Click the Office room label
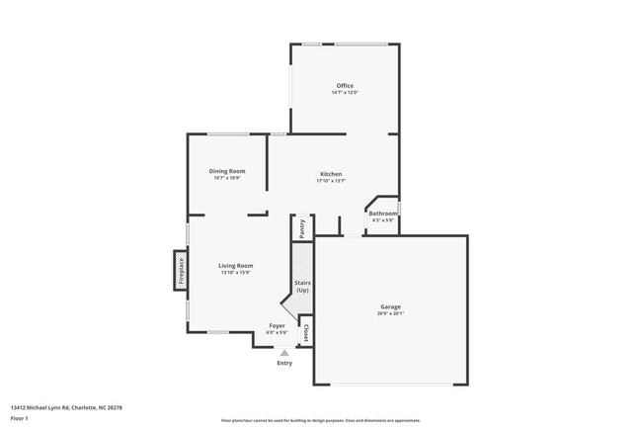[344, 86]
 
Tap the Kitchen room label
[330, 174]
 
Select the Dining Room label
[227, 171]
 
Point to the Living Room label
[236, 265]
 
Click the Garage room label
[390, 306]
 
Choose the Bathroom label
[383, 214]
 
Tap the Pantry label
[302, 228]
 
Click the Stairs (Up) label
[302, 287]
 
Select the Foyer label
[277, 325]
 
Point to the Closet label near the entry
[306, 334]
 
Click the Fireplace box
[181, 268]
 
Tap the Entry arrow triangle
[284, 352]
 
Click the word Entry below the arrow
[284, 363]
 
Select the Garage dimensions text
[390, 313]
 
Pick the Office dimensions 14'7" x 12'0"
[344, 93]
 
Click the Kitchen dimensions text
[330, 181]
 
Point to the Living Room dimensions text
[236, 272]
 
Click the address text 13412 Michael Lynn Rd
[66, 406]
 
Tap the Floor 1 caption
[20, 418]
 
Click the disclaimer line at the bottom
[320, 420]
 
